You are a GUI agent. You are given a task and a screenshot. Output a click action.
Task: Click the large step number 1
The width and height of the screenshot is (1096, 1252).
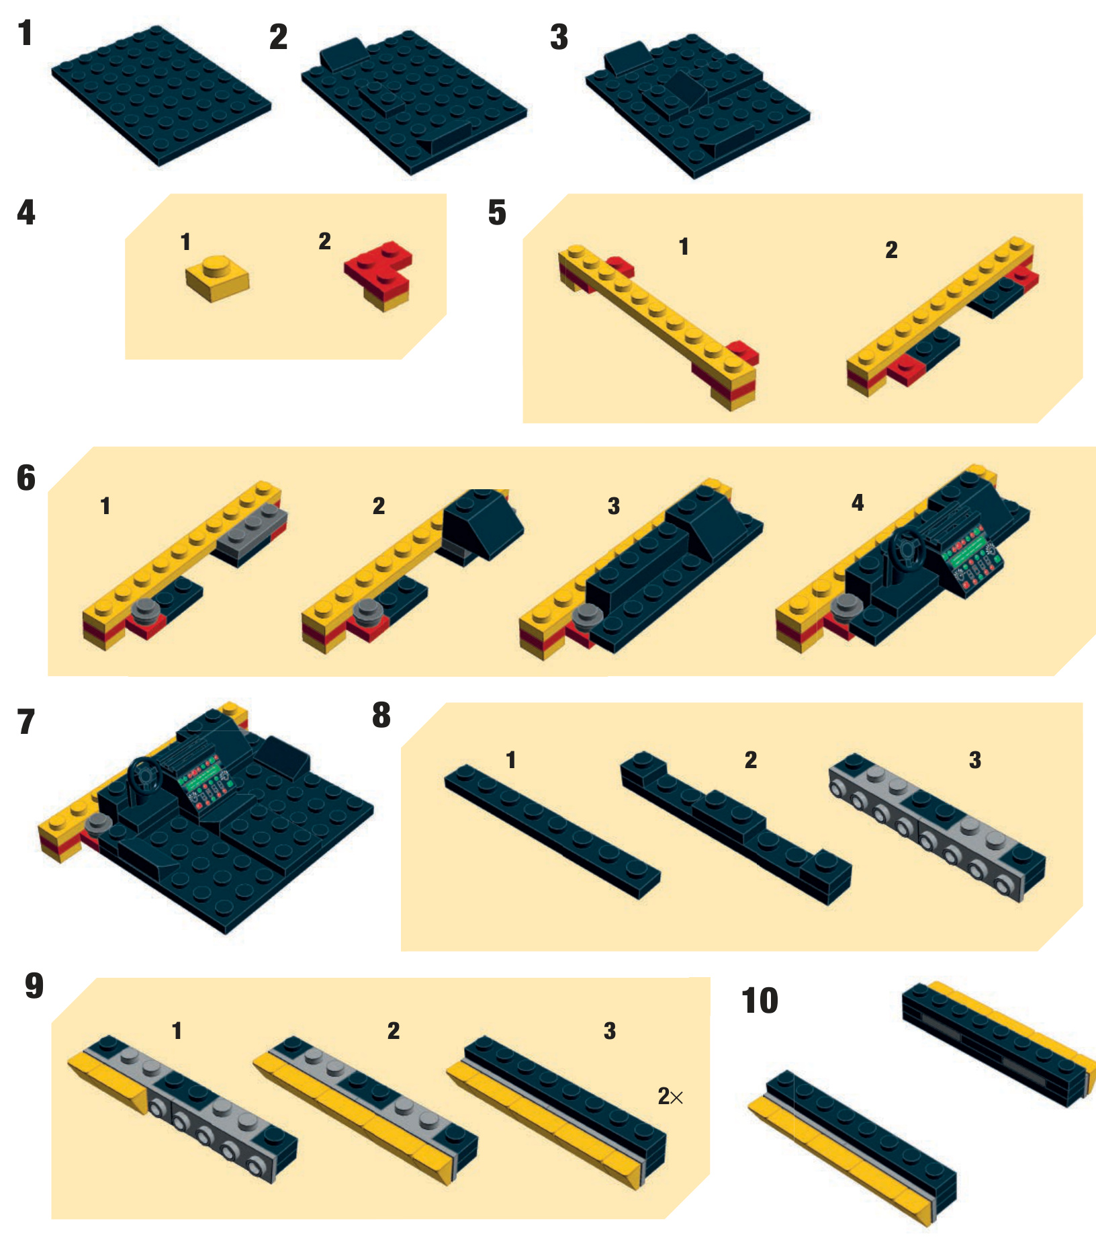pyautogui.click(x=26, y=33)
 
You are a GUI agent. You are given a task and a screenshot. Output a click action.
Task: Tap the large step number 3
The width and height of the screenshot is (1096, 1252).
pyautogui.click(x=559, y=37)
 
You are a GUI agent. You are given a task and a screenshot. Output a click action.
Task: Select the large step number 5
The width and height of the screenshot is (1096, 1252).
pyautogui.click(x=497, y=212)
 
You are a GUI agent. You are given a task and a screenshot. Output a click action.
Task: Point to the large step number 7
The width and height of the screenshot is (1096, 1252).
pyautogui.click(x=26, y=722)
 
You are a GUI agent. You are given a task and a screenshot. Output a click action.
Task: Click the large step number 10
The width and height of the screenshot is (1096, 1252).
pyautogui.click(x=760, y=1001)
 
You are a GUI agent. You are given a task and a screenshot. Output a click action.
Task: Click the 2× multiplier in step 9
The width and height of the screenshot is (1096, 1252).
pyautogui.click(x=670, y=1097)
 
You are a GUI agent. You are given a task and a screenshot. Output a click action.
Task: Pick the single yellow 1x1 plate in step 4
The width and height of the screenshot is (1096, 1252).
pyautogui.click(x=217, y=278)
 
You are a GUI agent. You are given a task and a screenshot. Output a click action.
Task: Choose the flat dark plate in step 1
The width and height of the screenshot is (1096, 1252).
pyautogui.click(x=161, y=95)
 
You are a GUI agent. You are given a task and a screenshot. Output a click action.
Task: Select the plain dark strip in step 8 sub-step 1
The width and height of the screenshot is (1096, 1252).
pyautogui.click(x=553, y=831)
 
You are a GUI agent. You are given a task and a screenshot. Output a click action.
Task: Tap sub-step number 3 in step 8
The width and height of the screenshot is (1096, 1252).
pyautogui.click(x=975, y=760)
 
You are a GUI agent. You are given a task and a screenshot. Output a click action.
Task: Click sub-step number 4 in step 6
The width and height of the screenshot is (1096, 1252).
pyautogui.click(x=858, y=503)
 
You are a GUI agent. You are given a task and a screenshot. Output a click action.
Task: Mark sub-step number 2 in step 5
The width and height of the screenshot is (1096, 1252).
pyautogui.click(x=891, y=250)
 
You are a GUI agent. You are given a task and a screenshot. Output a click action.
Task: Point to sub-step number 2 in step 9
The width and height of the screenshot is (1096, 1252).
pyautogui.click(x=394, y=1031)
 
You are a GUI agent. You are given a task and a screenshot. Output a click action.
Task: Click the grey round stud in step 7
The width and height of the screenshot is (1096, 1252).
pyautogui.click(x=97, y=823)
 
